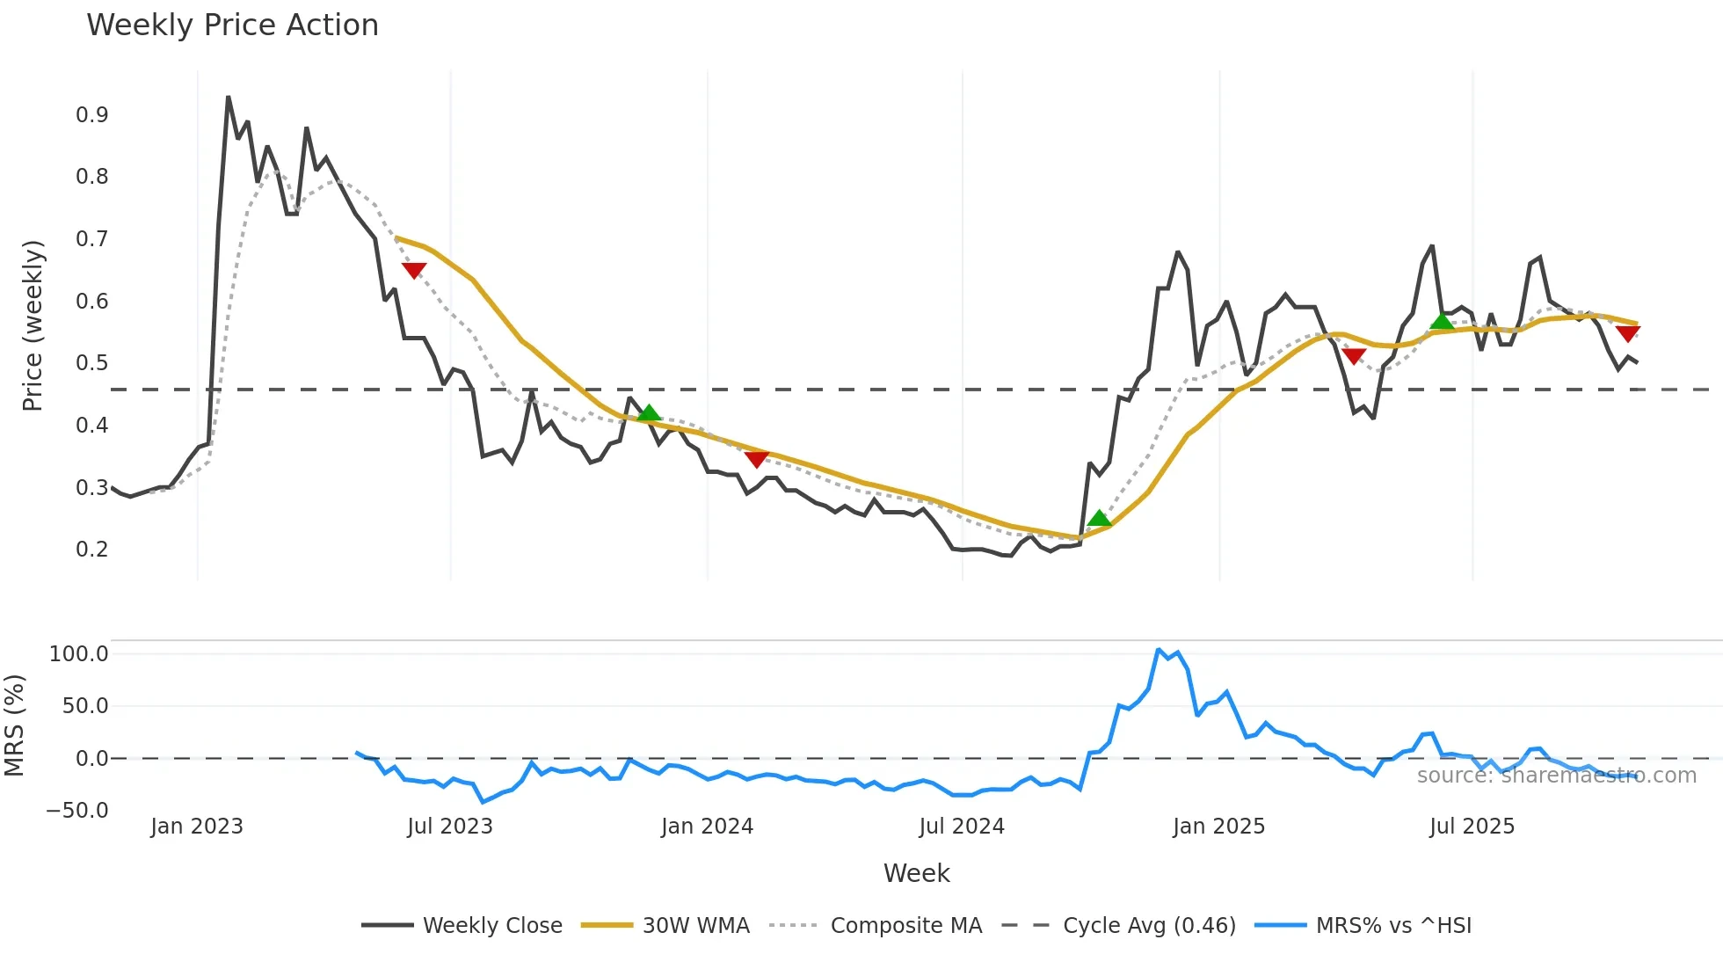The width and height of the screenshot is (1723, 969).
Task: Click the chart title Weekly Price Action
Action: point(232,25)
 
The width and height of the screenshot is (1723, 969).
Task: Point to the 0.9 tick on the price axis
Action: point(92,115)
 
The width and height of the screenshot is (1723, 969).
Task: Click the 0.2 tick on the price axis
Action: point(92,550)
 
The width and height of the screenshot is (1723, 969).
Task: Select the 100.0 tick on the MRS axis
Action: point(79,654)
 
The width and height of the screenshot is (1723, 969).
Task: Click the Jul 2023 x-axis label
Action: point(450,827)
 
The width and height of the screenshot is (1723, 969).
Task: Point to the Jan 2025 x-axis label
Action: point(1218,827)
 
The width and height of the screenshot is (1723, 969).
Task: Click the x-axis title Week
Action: point(916,873)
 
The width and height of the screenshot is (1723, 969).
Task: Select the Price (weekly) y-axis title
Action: point(33,325)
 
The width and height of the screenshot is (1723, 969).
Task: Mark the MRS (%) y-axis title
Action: point(14,725)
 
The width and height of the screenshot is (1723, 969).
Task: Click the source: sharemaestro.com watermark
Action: point(1556,776)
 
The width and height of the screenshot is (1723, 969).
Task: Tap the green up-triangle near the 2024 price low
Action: point(1099,519)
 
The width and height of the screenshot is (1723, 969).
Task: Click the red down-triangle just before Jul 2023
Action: point(414,270)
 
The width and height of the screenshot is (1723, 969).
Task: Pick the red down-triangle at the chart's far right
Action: point(1628,333)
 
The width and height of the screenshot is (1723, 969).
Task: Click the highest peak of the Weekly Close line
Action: point(229,97)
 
